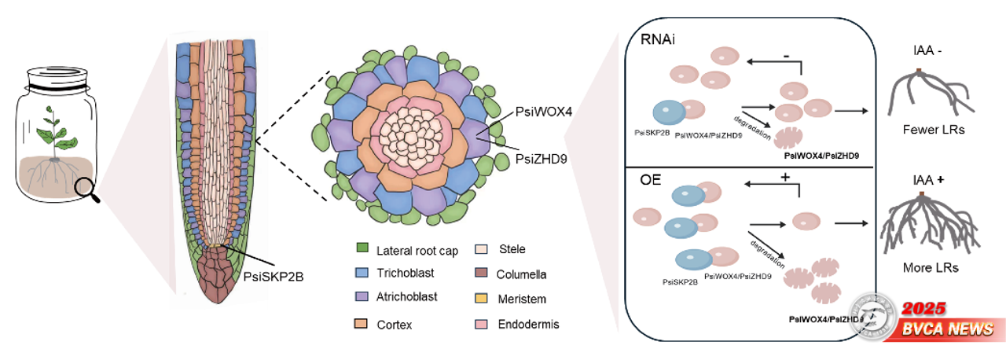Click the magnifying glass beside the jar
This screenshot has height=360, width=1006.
tap(88, 188)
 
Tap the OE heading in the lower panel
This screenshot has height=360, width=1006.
tap(650, 179)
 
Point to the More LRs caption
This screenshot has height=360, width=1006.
tap(931, 267)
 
